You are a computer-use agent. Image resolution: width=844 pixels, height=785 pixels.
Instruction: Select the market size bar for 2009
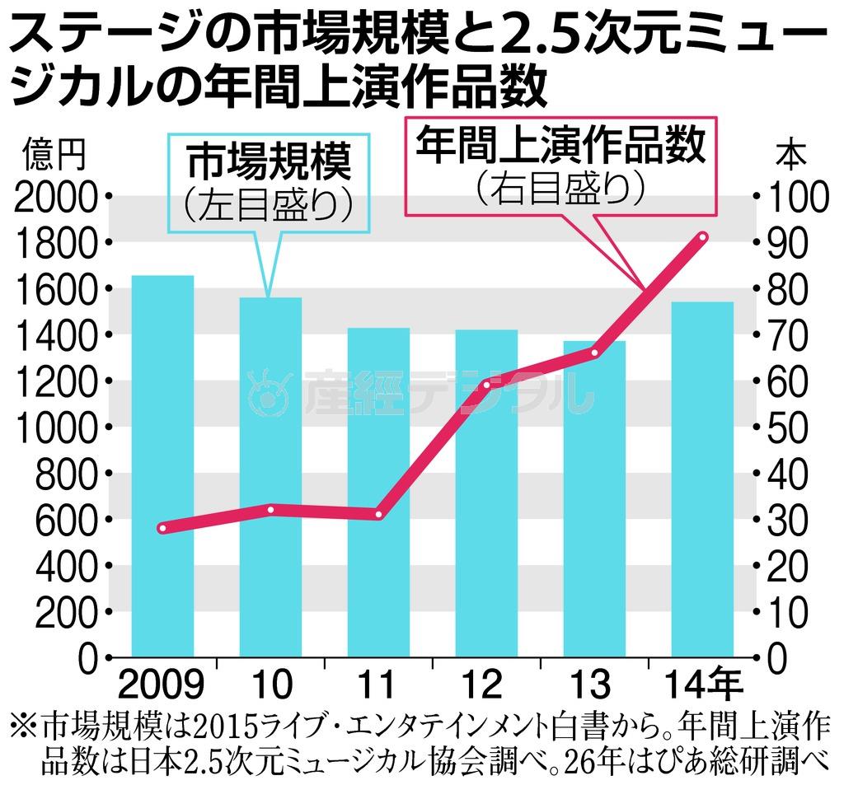(x=162, y=465)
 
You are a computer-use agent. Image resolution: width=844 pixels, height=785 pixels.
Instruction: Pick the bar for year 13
(x=594, y=498)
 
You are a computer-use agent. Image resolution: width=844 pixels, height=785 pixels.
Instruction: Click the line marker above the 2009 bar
(x=163, y=528)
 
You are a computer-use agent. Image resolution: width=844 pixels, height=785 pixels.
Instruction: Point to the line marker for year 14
(x=702, y=238)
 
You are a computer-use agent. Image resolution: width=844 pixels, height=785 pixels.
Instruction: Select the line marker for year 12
(x=486, y=385)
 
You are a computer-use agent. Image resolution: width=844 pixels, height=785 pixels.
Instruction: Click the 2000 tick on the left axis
(x=55, y=197)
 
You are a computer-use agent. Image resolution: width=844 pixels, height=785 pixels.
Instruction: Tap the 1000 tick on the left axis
(x=55, y=428)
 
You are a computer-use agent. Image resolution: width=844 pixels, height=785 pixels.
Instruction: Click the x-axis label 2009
(x=162, y=685)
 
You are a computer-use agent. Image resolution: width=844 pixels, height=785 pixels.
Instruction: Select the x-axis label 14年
(x=703, y=685)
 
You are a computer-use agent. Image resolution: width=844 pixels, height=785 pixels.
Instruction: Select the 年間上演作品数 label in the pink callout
(x=560, y=145)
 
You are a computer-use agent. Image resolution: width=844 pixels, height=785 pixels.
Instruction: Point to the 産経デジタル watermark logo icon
(x=270, y=392)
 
